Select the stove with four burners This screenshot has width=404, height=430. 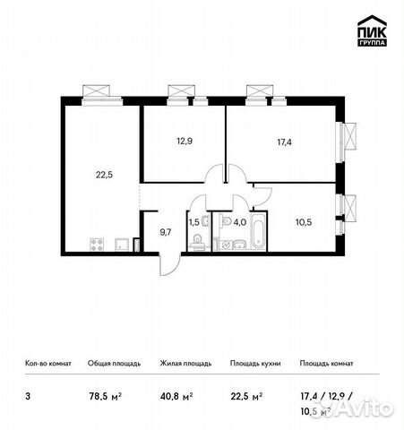coord(97,244)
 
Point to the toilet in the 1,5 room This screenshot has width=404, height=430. coord(195,241)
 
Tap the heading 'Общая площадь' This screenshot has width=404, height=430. coord(112,364)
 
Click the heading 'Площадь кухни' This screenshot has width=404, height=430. coord(255,364)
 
